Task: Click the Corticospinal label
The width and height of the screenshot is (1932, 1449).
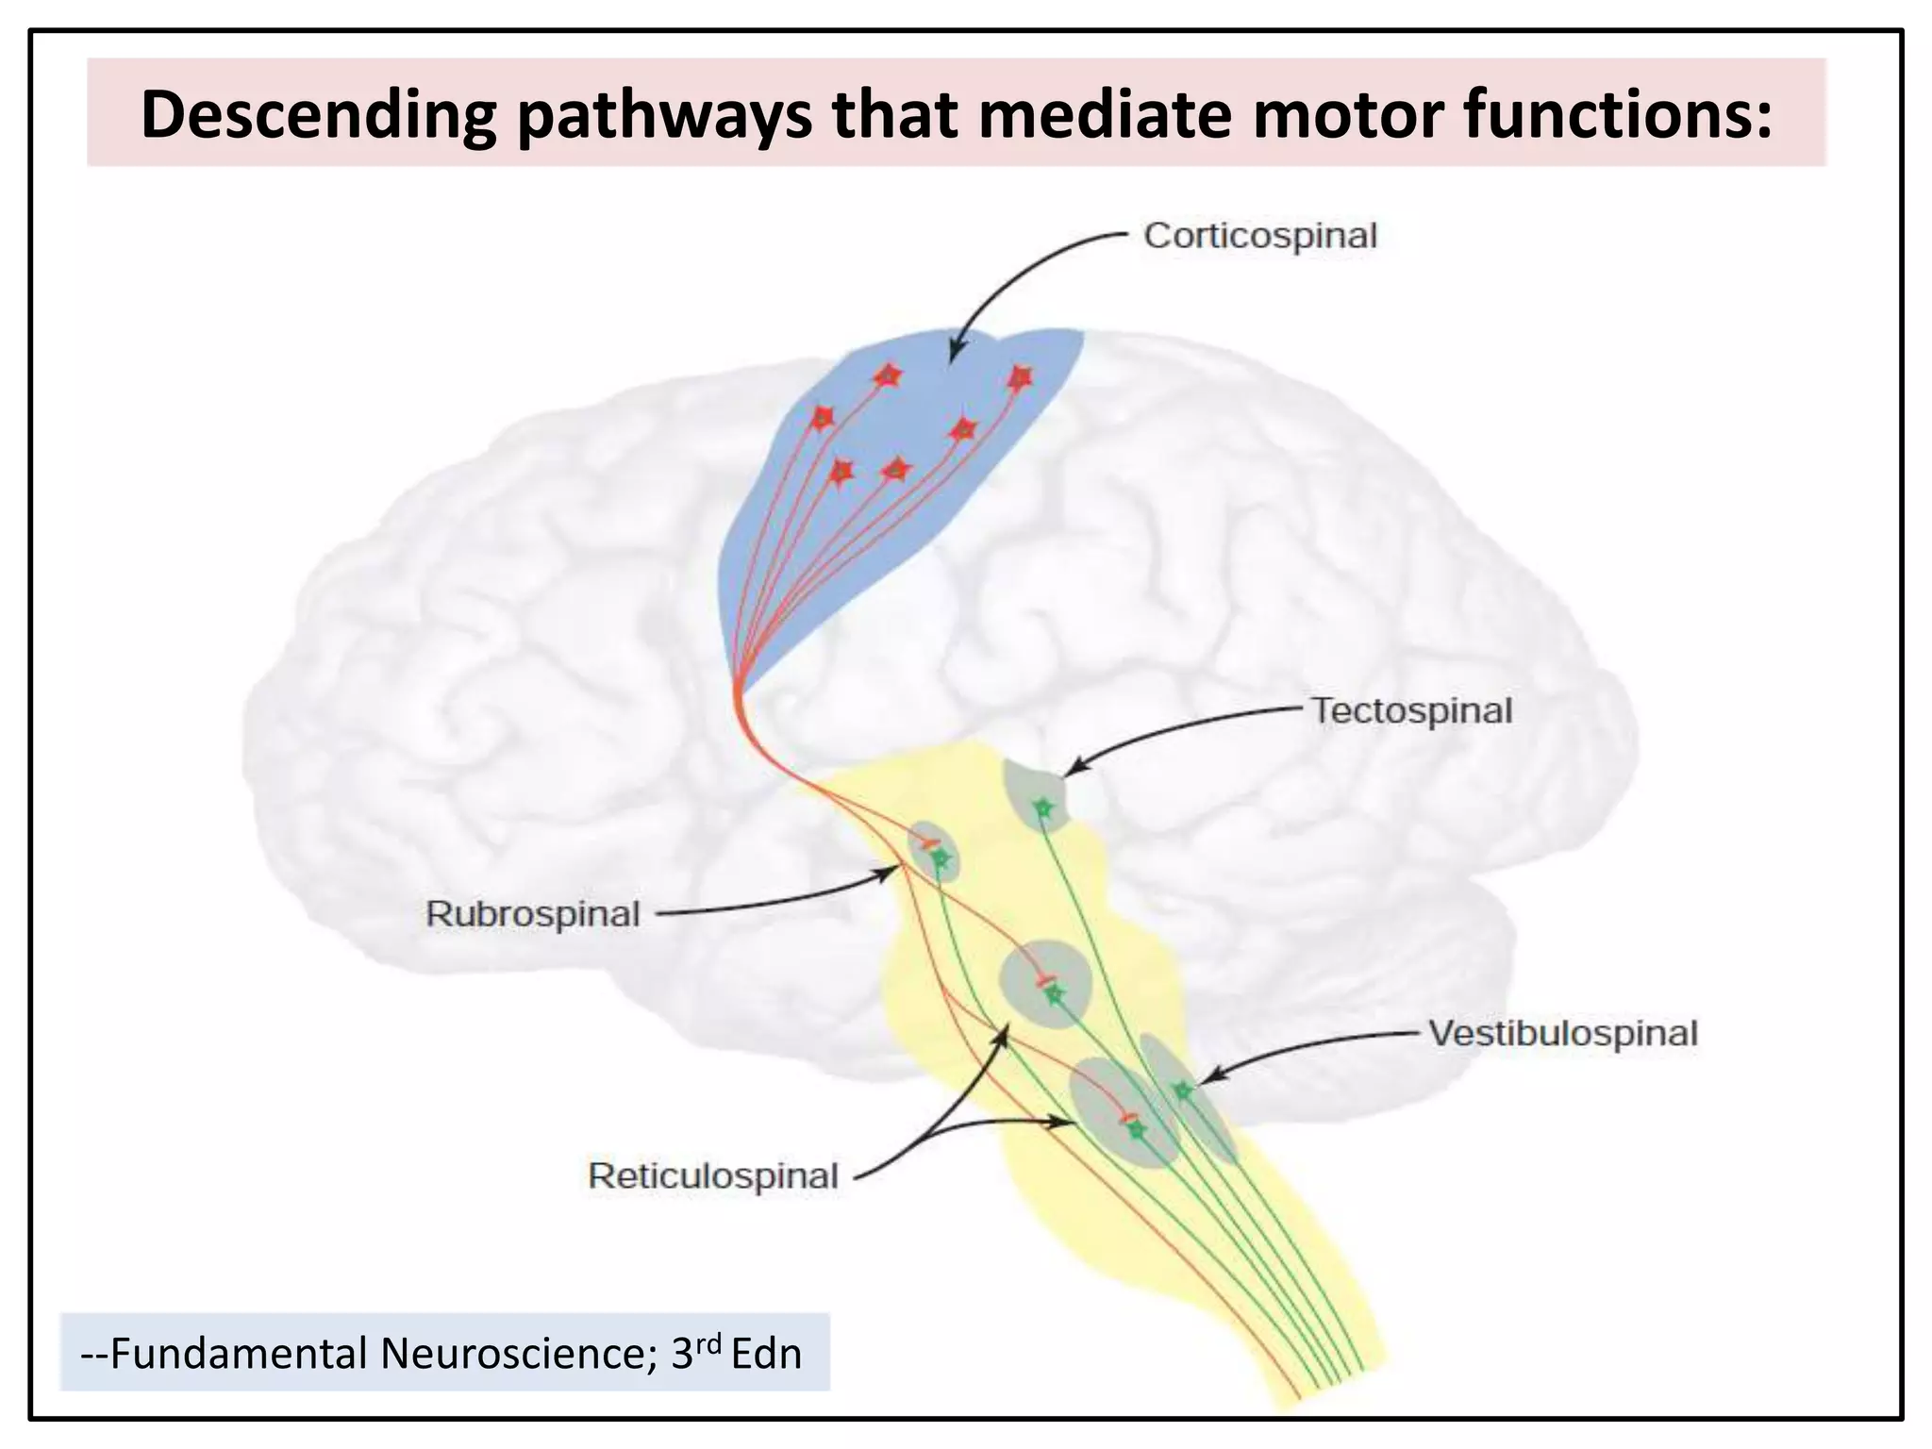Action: (x=1259, y=236)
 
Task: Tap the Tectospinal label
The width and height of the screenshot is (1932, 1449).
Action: (x=1411, y=711)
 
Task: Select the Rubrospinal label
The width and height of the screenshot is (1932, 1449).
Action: (x=533, y=914)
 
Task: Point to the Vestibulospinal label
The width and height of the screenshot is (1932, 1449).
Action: (x=1562, y=1034)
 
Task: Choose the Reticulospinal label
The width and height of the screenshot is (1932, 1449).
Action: (x=713, y=1176)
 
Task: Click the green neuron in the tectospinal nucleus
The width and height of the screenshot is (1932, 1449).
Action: (x=1042, y=808)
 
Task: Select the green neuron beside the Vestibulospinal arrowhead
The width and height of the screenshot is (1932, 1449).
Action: (x=1182, y=1091)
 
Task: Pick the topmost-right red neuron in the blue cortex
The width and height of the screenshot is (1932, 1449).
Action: (x=1019, y=378)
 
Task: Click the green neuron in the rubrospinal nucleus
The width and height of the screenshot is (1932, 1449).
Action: (x=940, y=858)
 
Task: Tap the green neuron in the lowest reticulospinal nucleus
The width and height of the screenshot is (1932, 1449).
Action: (x=1135, y=1128)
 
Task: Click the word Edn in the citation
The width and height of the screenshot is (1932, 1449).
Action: (x=766, y=1354)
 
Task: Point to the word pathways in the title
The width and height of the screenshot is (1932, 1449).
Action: (x=664, y=115)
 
